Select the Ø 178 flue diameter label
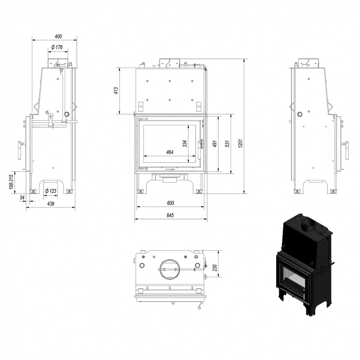(57, 47)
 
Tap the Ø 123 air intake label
(51, 191)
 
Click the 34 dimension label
(22, 197)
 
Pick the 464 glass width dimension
(170, 152)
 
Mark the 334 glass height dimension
(185, 143)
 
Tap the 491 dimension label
(215, 144)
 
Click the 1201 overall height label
(240, 144)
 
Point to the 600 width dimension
(170, 203)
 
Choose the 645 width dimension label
(170, 215)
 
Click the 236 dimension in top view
(215, 267)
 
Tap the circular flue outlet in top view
(170, 269)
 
